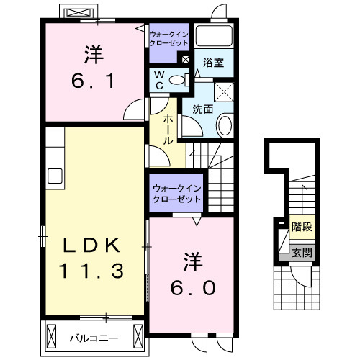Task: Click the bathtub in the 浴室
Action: tap(215, 40)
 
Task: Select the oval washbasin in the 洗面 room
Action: tap(225, 127)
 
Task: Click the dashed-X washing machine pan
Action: tap(225, 90)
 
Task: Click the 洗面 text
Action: tap(202, 109)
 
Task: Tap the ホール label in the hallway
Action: tap(168, 130)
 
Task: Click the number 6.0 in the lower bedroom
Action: tap(193, 287)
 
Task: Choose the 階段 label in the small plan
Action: tap(302, 228)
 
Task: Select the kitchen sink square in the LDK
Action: tap(55, 176)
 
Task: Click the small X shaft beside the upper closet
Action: tap(187, 60)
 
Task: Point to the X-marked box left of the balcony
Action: tap(53, 336)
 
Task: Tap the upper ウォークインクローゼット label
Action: tap(170, 38)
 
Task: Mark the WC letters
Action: tap(159, 80)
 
